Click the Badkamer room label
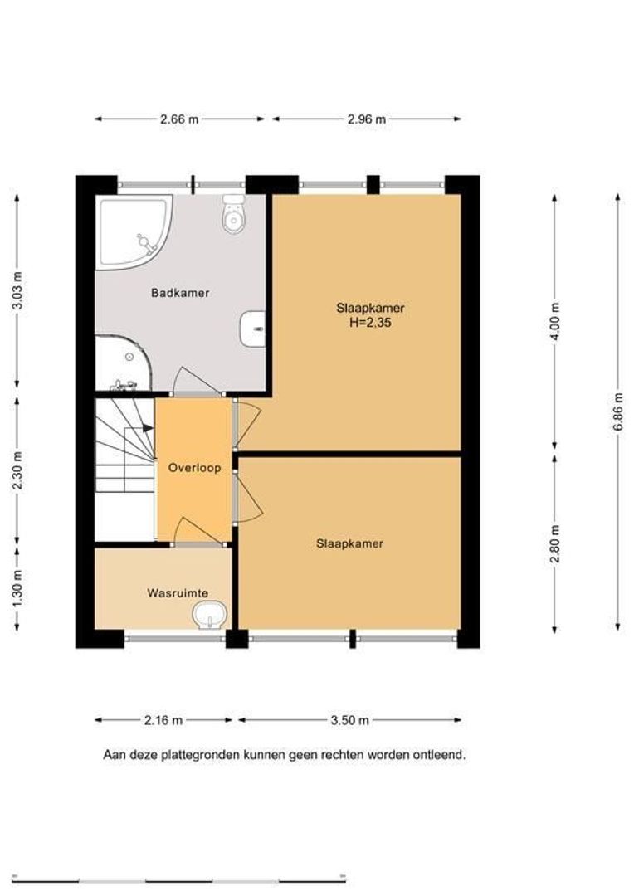coord(180,293)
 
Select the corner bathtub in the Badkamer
coord(134,232)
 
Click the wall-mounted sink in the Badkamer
coord(253,329)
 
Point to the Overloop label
coord(194,467)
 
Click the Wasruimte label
coord(178,592)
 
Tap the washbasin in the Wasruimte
coord(210,616)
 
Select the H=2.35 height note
coord(370,323)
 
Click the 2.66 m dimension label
coord(179,119)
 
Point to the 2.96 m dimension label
coord(367,119)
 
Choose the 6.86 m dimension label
coord(617,412)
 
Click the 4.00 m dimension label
coord(554,320)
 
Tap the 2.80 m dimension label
coord(554,543)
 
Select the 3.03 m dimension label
coord(17,290)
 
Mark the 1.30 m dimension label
coord(17,589)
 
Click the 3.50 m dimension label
coord(350,720)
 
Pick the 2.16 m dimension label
coord(163,720)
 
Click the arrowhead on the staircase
coord(148,428)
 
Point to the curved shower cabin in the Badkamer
coord(124,363)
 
